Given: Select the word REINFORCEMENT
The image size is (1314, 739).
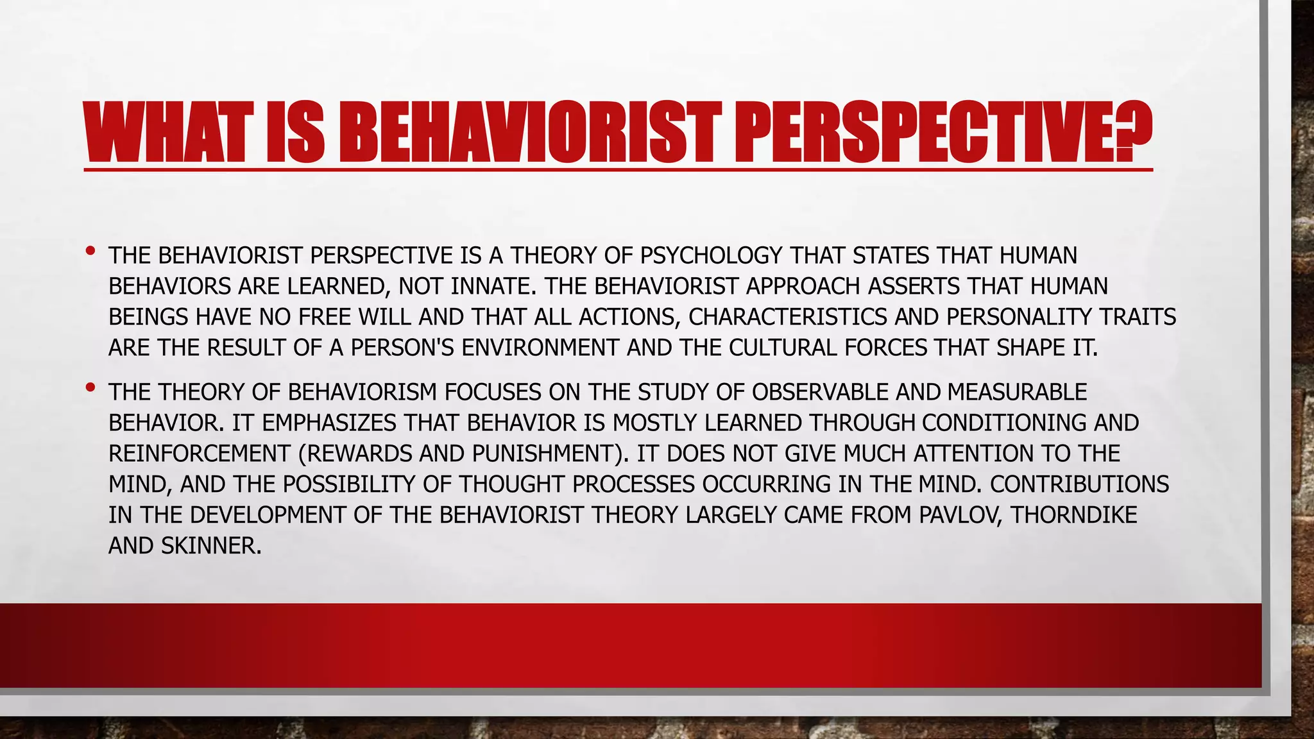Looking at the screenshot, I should [x=200, y=454].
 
